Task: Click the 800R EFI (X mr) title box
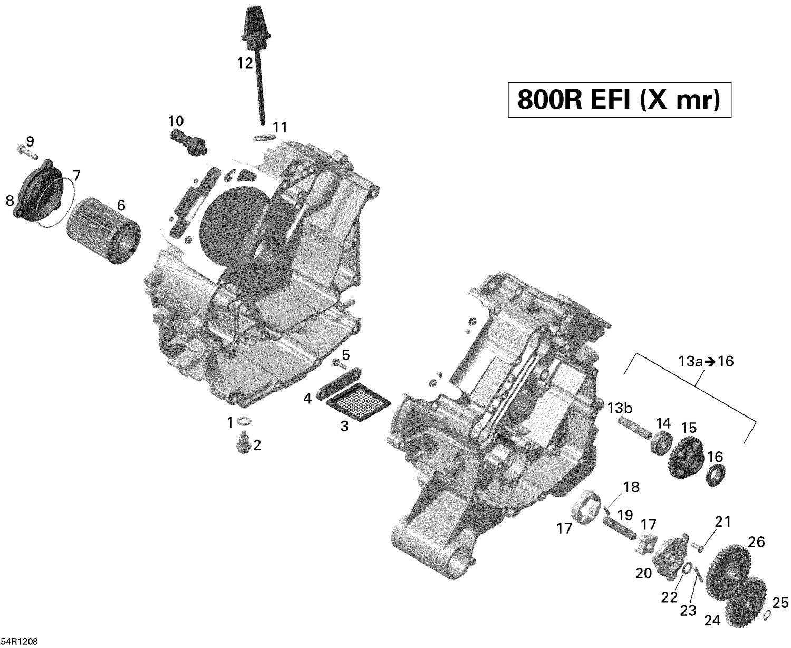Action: [619, 99]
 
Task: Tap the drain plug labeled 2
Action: [243, 441]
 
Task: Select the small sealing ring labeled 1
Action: [245, 421]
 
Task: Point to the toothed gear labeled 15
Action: [686, 454]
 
